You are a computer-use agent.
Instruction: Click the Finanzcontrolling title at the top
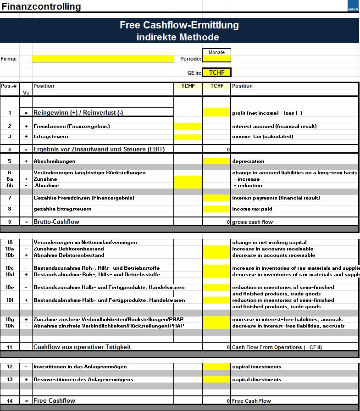41,6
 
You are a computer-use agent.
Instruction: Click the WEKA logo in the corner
354,6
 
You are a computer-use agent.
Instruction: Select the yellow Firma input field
103,59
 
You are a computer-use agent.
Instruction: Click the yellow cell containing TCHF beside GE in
216,72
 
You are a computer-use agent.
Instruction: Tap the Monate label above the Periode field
216,52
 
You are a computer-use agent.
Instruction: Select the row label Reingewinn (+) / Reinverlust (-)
78,113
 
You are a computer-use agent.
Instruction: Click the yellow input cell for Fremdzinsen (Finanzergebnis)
188,126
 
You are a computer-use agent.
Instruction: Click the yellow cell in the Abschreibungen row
216,161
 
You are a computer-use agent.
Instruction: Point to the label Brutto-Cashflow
56,222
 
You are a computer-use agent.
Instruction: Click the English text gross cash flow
252,222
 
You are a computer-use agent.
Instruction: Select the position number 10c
9,268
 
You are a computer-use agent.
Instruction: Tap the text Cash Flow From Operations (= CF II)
277,347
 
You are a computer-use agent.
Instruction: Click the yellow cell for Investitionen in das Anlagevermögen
216,367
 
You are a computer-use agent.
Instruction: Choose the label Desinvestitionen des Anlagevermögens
83,379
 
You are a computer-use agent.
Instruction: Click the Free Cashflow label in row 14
54,401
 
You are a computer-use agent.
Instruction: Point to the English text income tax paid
252,209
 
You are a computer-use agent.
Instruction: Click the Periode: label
191,59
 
